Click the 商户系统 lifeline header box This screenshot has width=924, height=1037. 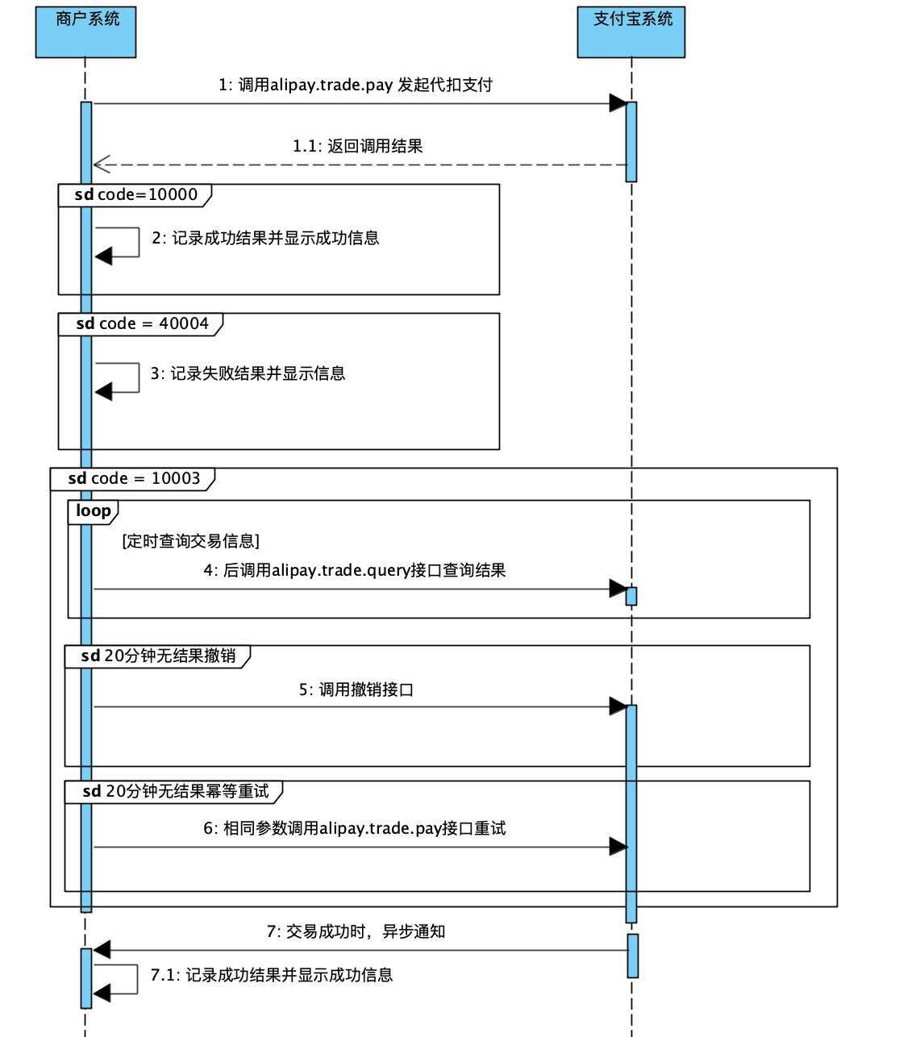click(x=85, y=32)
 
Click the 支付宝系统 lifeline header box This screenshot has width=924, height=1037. click(x=631, y=32)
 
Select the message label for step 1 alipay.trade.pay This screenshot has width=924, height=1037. click(x=356, y=85)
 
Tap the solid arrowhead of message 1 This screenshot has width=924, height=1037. click(x=618, y=103)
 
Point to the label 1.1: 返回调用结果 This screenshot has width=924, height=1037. click(x=357, y=146)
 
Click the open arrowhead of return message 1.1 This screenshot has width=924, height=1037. click(x=101, y=165)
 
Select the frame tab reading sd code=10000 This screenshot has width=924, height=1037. click(x=135, y=194)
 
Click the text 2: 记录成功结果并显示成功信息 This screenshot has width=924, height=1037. click(x=265, y=238)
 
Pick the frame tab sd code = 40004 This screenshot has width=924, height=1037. click(x=141, y=323)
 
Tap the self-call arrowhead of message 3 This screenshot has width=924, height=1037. click(x=103, y=392)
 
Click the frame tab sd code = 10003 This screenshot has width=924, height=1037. click(x=133, y=478)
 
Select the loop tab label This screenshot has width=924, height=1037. click(x=94, y=511)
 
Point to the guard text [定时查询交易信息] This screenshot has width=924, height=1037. click(x=190, y=541)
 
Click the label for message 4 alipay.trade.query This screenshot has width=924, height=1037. click(x=354, y=570)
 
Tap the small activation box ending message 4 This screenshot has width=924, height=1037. click(x=631, y=596)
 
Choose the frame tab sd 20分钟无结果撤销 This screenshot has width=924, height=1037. click(x=157, y=656)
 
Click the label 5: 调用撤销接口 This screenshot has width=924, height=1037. click(x=356, y=689)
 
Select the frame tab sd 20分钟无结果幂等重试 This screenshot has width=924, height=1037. click(x=174, y=791)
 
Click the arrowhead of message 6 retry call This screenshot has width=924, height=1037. click(x=618, y=847)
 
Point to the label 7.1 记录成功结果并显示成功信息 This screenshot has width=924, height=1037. click(x=271, y=975)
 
